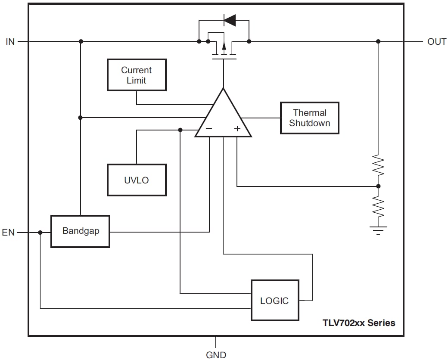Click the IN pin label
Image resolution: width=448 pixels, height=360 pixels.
[x=10, y=42]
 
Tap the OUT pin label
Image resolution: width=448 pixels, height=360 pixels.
[x=436, y=42]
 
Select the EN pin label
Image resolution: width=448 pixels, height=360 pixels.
[x=9, y=233]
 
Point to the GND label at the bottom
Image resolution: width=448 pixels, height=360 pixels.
[x=216, y=354]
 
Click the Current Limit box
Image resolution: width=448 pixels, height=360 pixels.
[x=137, y=75]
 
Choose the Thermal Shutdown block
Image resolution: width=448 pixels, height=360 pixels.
[x=309, y=118]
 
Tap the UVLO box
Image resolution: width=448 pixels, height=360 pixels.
[x=137, y=180]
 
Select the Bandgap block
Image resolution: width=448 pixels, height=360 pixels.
[x=81, y=231]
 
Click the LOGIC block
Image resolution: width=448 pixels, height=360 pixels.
[x=275, y=301]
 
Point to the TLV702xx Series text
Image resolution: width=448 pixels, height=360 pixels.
[x=358, y=323]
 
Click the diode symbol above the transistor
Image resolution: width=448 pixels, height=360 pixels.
[x=229, y=19]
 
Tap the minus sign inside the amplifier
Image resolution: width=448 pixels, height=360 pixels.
[x=209, y=128]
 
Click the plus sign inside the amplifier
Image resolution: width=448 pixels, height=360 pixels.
[x=237, y=128]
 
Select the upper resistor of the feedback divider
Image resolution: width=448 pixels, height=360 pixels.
[x=378, y=165]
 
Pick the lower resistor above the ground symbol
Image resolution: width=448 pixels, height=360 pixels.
[x=378, y=207]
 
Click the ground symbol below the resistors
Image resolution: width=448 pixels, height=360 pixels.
[x=378, y=230]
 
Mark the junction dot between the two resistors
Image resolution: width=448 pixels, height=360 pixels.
[x=378, y=186]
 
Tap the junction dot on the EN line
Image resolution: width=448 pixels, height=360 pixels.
[x=40, y=233]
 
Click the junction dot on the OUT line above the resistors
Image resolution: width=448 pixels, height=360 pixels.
[x=378, y=41]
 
